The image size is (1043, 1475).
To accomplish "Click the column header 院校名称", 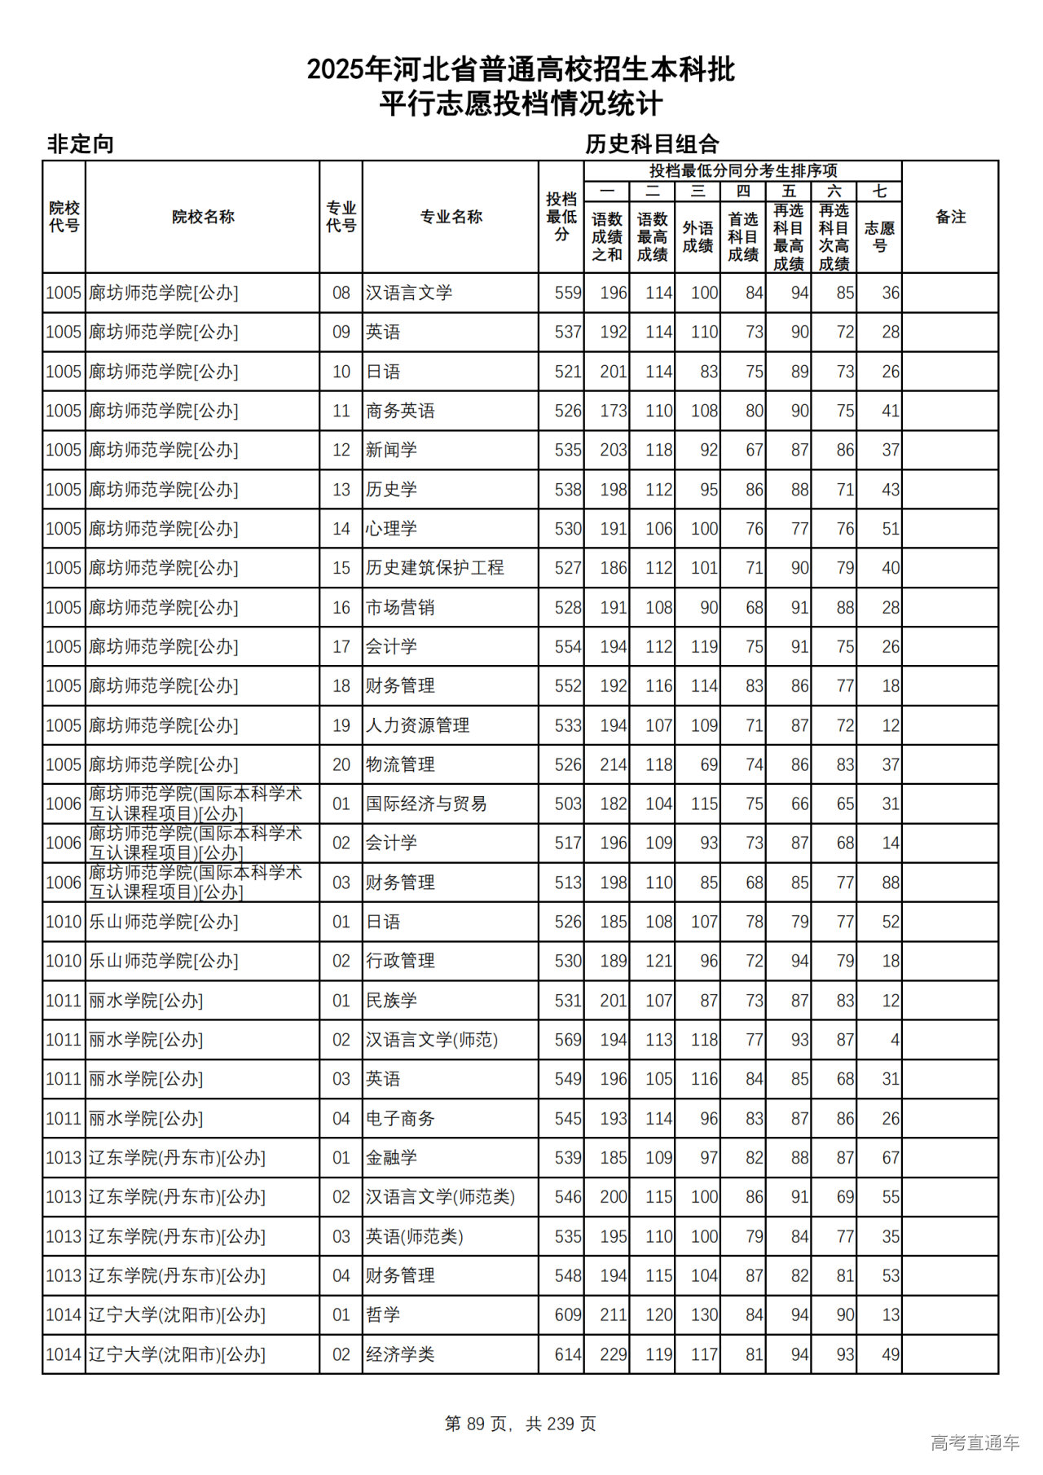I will coord(203,217).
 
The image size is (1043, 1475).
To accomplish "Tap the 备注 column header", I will coord(950,217).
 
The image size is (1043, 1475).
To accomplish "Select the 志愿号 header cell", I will coord(879,236).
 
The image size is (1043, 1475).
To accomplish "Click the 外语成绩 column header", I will coord(698,236).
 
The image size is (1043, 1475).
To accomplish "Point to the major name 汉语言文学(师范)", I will coord(431,1040).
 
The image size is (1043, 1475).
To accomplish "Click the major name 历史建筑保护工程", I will coord(434,568).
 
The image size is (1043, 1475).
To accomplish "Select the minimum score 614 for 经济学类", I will coord(567,1354).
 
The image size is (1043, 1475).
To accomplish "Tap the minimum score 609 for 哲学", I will coord(567,1315).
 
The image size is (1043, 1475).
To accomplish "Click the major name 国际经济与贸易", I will coord(425,804).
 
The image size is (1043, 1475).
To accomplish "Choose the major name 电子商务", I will coord(399,1119).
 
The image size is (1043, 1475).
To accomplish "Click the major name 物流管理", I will coord(399,764).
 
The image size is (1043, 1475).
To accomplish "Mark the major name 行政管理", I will coord(399,961).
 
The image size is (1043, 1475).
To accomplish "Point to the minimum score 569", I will coord(567,1040).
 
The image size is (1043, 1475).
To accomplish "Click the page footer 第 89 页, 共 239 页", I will coord(521,1424).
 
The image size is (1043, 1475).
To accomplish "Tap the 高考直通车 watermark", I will coord(975,1442).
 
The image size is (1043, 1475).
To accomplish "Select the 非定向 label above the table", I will coord(81,144).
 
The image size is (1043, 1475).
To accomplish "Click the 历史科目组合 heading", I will coord(652,144).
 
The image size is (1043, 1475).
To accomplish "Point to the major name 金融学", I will coord(391,1158).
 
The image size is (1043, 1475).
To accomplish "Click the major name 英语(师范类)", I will coord(414,1236).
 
